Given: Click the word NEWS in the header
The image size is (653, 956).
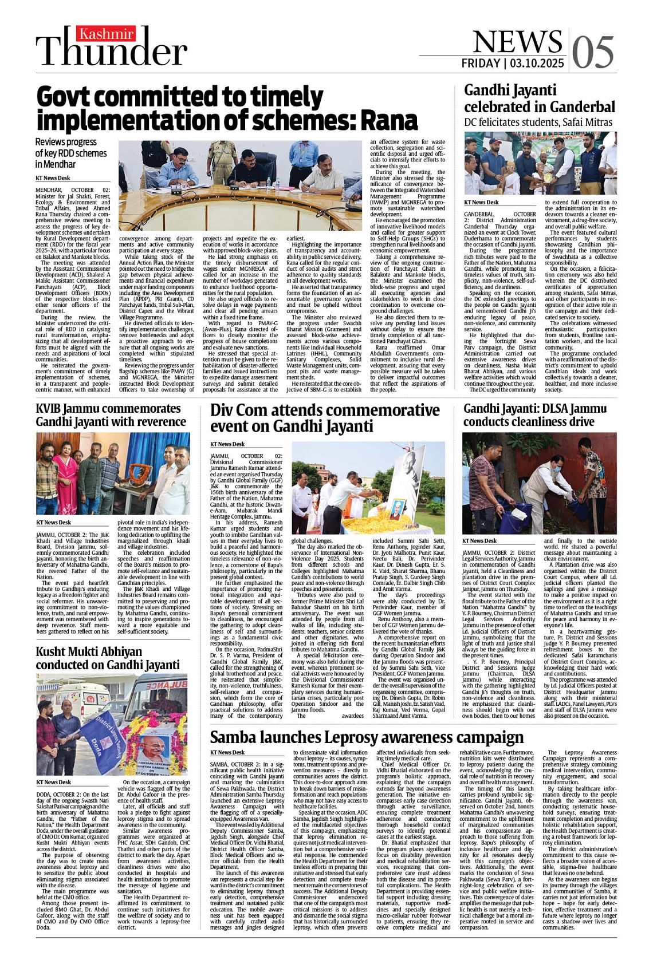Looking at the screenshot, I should point(517,41).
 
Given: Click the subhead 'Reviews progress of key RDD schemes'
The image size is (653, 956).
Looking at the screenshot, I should point(71,153).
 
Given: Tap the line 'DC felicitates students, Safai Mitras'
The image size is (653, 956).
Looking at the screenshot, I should point(538,123).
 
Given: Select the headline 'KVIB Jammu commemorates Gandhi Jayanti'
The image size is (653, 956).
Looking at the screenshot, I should point(111,415).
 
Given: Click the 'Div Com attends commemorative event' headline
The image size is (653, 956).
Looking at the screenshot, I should point(325,418).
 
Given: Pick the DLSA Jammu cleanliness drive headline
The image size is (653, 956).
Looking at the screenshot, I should point(534,415).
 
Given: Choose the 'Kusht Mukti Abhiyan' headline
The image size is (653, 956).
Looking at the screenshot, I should point(108,658).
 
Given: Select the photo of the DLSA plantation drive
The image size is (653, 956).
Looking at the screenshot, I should point(539,483).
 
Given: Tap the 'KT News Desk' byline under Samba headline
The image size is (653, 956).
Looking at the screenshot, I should point(227,752).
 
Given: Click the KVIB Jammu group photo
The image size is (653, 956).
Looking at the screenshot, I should point(113,473).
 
